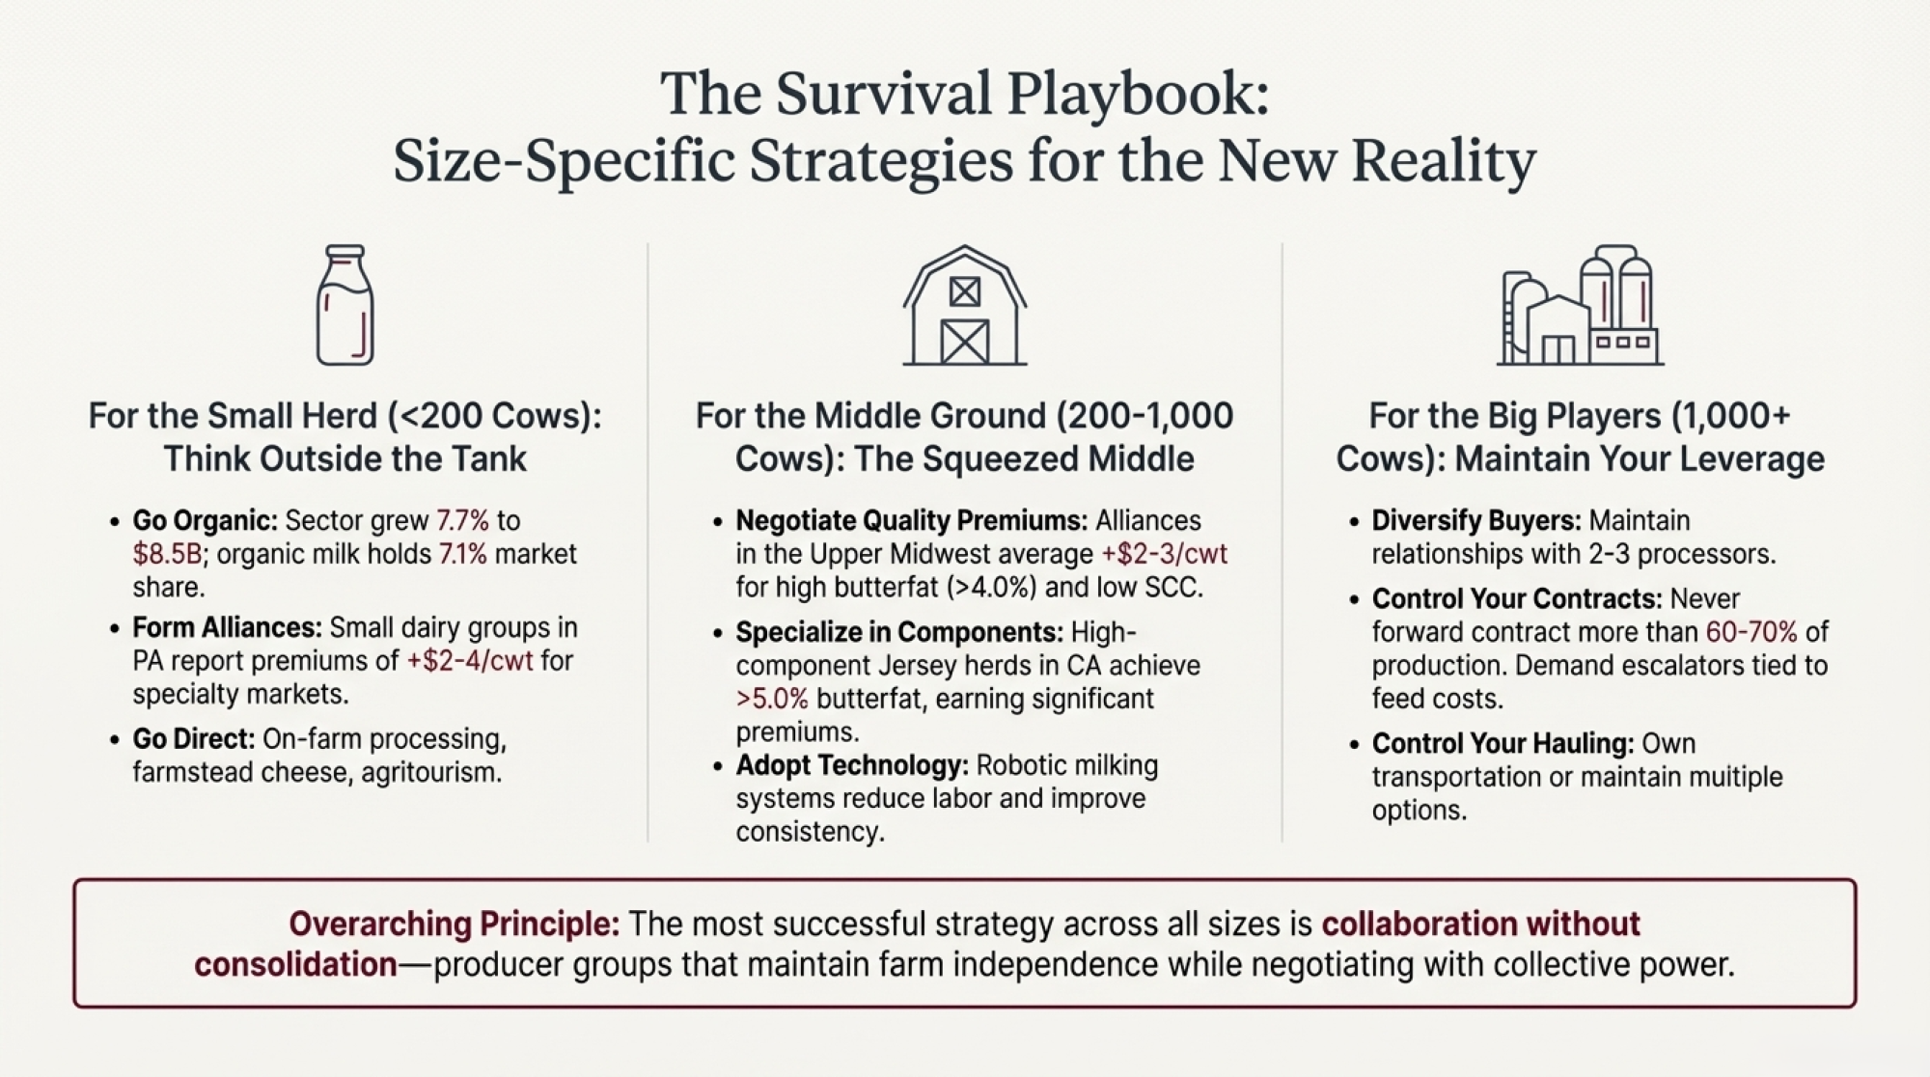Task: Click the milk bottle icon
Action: (345, 305)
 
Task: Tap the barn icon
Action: (964, 306)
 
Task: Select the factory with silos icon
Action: (1580, 306)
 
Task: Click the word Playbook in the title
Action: (1138, 95)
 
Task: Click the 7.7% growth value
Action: (462, 521)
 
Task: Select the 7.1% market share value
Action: (462, 554)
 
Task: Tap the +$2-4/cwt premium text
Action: (469, 661)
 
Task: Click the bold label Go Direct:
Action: (193, 739)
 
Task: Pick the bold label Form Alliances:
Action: (227, 628)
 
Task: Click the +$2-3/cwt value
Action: (1164, 554)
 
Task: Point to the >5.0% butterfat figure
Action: (771, 699)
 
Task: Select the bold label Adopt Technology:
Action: (851, 765)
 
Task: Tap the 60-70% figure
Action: (1751, 632)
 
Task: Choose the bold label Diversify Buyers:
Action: (1475, 521)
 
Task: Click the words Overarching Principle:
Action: (454, 925)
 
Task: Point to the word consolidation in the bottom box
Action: (295, 965)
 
